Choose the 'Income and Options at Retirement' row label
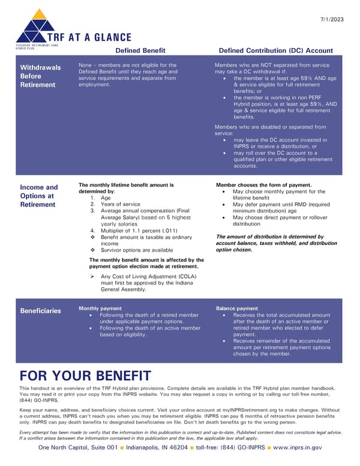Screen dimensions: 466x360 pyautogui.click(x=40, y=196)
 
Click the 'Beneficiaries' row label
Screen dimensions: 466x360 pyautogui.click(x=41, y=310)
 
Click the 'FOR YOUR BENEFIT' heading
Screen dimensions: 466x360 pyautogui.click(x=85, y=376)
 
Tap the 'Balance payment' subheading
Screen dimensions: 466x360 pyautogui.click(x=237, y=308)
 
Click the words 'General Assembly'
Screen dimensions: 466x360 pyautogui.click(x=124, y=289)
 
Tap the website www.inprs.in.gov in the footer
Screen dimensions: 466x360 pyautogui.click(x=298, y=447)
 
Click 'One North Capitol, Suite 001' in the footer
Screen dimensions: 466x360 pyautogui.click(x=78, y=447)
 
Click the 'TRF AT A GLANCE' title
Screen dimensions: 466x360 pyautogui.click(x=83, y=38)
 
